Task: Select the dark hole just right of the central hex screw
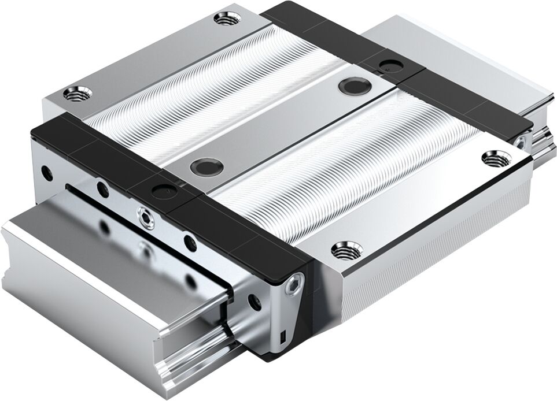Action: coord(188,242)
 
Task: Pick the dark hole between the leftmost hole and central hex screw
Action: coord(102,188)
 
